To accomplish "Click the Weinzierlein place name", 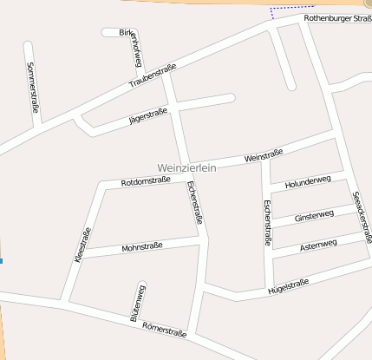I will [186, 167].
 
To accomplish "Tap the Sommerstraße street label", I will [32, 87].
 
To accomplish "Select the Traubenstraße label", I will [152, 75].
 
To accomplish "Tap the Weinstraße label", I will [264, 157].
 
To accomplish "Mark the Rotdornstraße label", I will [145, 181].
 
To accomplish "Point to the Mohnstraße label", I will [143, 248].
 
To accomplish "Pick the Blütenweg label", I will [137, 303].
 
